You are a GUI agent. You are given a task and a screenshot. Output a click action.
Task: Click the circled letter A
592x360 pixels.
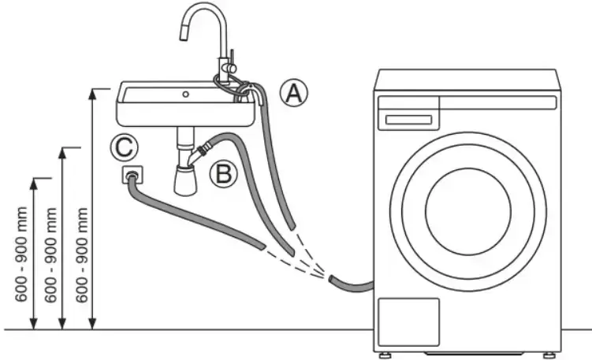pos(293,94)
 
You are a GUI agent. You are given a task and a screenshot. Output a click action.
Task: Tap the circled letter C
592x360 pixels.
pos(125,147)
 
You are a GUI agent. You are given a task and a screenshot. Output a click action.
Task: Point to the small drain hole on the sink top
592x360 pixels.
pos(185,95)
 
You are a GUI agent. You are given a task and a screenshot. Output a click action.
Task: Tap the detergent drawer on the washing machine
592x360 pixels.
pos(408,119)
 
